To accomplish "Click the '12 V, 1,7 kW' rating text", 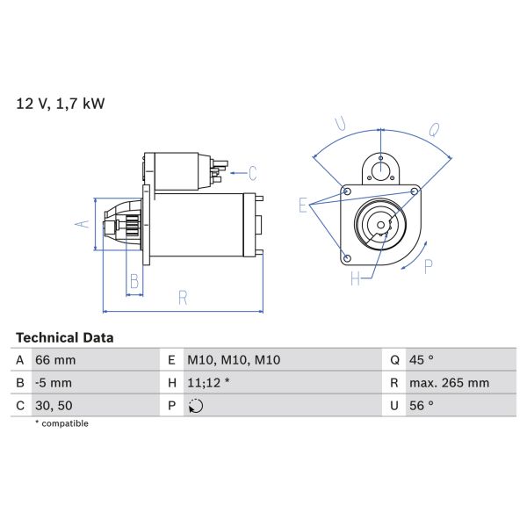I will pyautogui.click(x=61, y=104).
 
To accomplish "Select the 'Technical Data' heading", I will pyautogui.click(x=65, y=337).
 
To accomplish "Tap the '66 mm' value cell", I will pyautogui.click(x=54, y=360).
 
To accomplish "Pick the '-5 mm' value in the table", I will pyautogui.click(x=54, y=383).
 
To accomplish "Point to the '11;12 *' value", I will pyautogui.click(x=210, y=383).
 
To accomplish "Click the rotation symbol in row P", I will pyautogui.click(x=196, y=406).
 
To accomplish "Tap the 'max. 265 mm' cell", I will pyautogui.click(x=449, y=383).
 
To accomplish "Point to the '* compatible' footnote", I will pyautogui.click(x=61, y=423).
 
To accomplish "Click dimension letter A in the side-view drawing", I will pyautogui.click(x=82, y=224).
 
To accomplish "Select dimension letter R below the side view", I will pyautogui.click(x=183, y=297).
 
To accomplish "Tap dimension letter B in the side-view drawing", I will pyautogui.click(x=134, y=281).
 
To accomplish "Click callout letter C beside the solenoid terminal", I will pyautogui.click(x=251, y=172).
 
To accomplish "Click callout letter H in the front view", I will pyautogui.click(x=356, y=279).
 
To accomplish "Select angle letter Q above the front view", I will pyautogui.click(x=433, y=131).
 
